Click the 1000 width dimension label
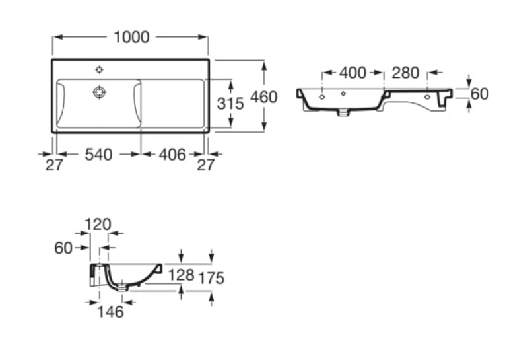pyautogui.click(x=132, y=37)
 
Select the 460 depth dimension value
pyautogui.click(x=264, y=97)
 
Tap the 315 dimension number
pyautogui.click(x=230, y=104)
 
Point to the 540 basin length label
pyautogui.click(x=98, y=155)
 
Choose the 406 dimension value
pyautogui.click(x=172, y=155)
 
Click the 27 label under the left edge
pyautogui.click(x=54, y=165)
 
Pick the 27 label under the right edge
pyautogui.click(x=205, y=165)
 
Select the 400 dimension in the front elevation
pyautogui.click(x=353, y=73)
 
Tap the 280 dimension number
pyautogui.click(x=405, y=73)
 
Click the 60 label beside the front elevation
pyautogui.click(x=479, y=94)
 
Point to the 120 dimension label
pyautogui.click(x=98, y=224)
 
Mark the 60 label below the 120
pyautogui.click(x=63, y=248)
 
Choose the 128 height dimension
pyautogui.click(x=182, y=275)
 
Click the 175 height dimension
pyautogui.click(x=211, y=278)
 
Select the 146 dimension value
pyautogui.click(x=110, y=312)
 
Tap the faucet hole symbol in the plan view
pyautogui.click(x=100, y=69)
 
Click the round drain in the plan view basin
pyautogui.click(x=100, y=92)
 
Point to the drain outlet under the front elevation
pyautogui.click(x=343, y=112)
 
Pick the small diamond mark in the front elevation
pyautogui.click(x=343, y=94)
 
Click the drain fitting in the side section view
pyautogui.click(x=123, y=286)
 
